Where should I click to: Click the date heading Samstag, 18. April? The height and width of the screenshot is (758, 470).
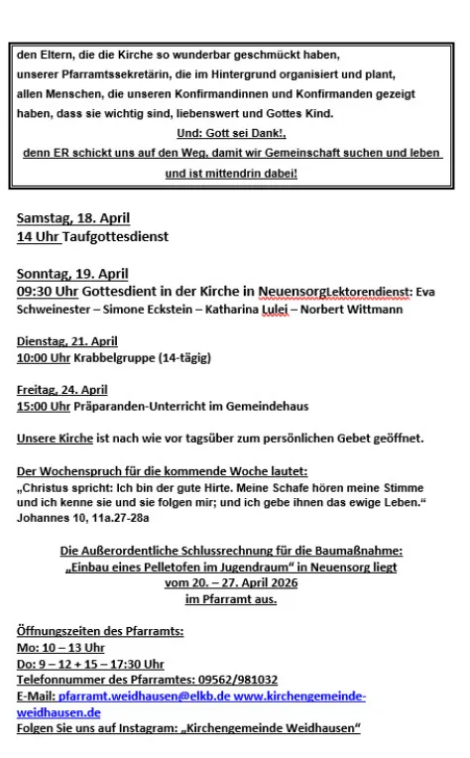coord(73,218)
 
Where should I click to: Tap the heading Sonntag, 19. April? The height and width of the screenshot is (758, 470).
coord(72,274)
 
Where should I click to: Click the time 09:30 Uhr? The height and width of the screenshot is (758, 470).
coord(49,293)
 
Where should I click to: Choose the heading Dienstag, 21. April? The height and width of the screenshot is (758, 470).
coord(66,341)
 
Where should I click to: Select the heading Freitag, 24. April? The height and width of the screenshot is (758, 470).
coord(61,390)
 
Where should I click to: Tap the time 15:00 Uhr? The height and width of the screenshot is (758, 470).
coord(44,406)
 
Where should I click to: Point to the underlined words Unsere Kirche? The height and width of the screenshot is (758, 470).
coord(56,439)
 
